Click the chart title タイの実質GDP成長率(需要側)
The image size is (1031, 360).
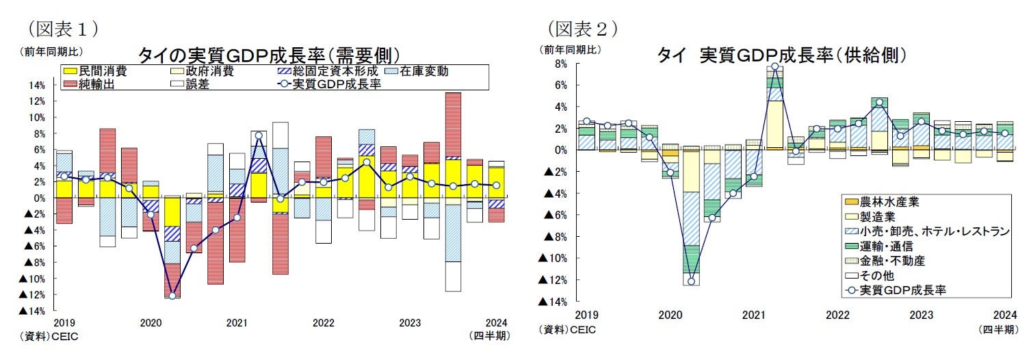[x=269, y=55]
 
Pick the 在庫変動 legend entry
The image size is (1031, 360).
[x=423, y=71]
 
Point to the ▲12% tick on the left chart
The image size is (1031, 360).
[x=32, y=295]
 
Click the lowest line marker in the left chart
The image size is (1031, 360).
[x=172, y=296]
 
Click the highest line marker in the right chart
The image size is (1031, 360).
[x=774, y=67]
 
